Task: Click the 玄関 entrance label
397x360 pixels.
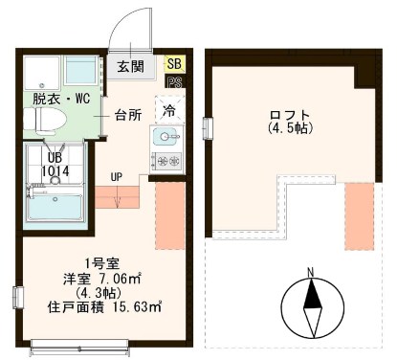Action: (x=131, y=66)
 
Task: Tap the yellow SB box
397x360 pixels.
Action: (x=174, y=63)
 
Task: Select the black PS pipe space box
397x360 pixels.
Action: (x=174, y=82)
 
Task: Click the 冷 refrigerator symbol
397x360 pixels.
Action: (x=168, y=111)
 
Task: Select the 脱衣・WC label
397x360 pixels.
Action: (x=59, y=98)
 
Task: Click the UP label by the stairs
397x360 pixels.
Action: (x=116, y=176)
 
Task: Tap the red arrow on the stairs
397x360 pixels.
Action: (x=116, y=198)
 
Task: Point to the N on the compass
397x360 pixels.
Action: (x=313, y=271)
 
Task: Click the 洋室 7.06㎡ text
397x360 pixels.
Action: (x=99, y=279)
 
